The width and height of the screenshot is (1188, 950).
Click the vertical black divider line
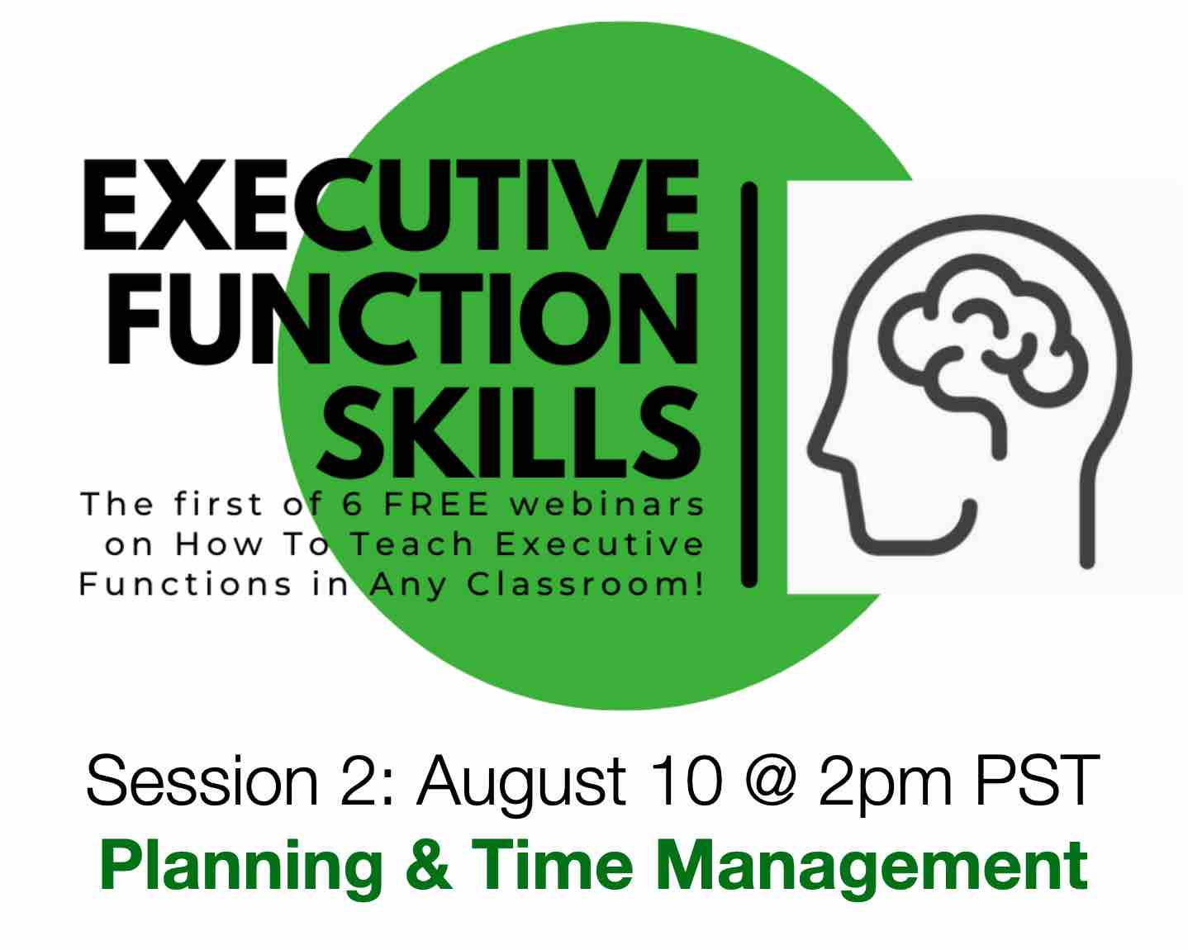pyautogui.click(x=749, y=384)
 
